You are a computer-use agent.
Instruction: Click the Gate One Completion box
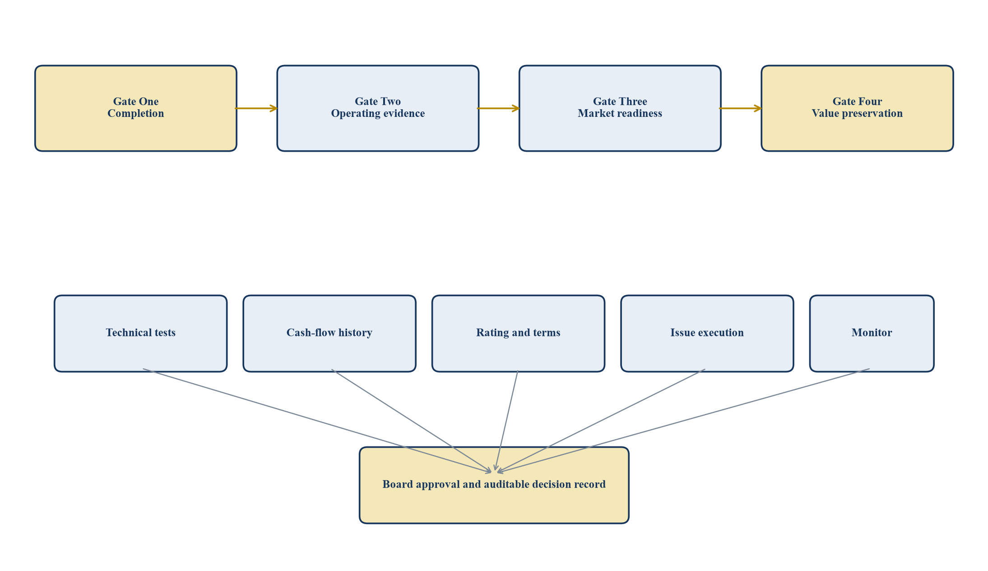pos(136,108)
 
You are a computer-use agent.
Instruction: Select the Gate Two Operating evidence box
pos(378,108)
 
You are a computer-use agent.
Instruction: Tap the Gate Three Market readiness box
pos(620,108)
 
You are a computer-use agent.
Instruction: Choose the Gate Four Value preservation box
pos(857,108)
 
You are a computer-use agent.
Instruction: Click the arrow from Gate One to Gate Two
pos(256,108)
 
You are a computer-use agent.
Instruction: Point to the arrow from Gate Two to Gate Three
pos(498,108)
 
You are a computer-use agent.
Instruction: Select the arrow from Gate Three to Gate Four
pos(740,108)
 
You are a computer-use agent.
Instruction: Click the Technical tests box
pos(140,334)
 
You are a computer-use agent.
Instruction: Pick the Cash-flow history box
pos(329,334)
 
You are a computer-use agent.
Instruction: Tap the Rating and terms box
pos(518,334)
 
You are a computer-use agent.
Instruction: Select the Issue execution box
pos(707,334)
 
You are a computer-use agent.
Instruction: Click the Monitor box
pos(872,334)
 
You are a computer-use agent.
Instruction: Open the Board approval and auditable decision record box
pos(494,485)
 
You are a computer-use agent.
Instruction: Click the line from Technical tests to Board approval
pos(317,421)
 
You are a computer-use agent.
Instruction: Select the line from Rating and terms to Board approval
pos(506,421)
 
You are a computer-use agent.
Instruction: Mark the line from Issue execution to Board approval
pos(601,421)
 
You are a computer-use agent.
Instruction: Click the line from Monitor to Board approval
pos(683,421)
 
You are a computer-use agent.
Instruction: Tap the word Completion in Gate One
pos(136,114)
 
